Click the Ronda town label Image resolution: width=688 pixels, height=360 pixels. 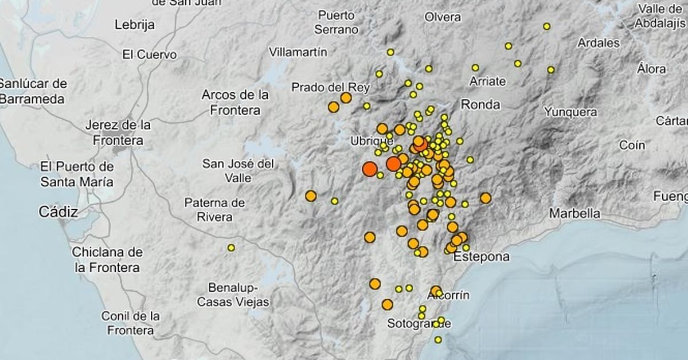[480, 104]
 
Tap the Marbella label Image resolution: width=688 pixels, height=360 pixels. [575, 213]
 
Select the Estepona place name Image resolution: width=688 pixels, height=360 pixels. [481, 257]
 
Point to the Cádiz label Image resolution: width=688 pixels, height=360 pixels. [58, 212]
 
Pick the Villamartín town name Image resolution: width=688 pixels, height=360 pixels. [298, 52]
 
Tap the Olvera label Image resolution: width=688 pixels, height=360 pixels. [443, 17]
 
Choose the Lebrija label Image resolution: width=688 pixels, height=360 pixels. [135, 25]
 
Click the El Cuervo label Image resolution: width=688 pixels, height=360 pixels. [150, 55]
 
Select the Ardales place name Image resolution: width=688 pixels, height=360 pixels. [599, 42]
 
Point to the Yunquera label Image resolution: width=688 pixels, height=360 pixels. [570, 112]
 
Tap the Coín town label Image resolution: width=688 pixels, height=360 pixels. [632, 146]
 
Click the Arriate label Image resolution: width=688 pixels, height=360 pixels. [488, 81]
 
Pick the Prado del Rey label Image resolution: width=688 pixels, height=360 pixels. [331, 87]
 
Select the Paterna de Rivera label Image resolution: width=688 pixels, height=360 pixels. [215, 210]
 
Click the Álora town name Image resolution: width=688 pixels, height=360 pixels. [651, 69]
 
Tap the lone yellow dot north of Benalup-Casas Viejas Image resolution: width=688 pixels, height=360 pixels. [231, 248]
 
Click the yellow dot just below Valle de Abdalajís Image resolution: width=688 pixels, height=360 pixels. [547, 26]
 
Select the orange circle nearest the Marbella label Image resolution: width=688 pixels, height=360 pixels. [486, 198]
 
